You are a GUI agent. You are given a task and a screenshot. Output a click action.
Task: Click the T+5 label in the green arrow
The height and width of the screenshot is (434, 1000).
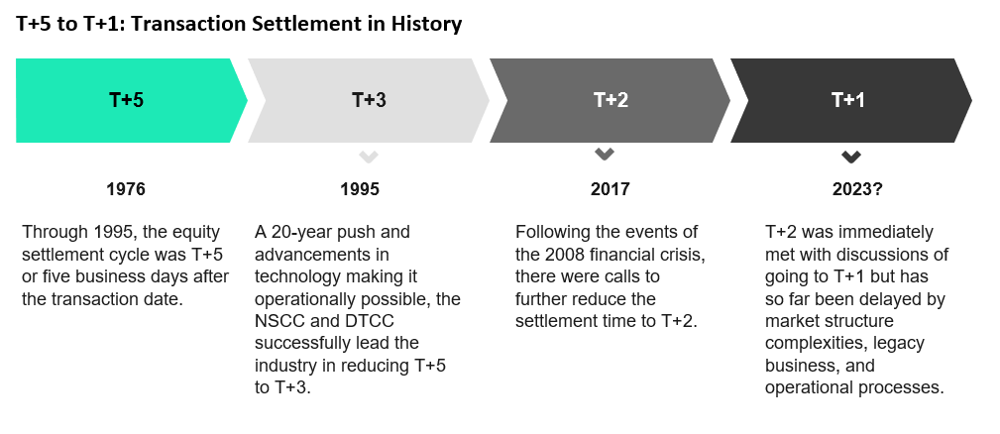coord(126,100)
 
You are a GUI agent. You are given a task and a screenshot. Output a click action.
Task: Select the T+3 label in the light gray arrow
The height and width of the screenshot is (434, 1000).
coord(369,100)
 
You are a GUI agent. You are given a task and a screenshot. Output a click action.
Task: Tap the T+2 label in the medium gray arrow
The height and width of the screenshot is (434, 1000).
coord(611,100)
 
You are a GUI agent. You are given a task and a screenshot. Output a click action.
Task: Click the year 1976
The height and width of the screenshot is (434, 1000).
coord(126,189)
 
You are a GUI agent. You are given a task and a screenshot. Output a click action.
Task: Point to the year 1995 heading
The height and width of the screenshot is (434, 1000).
coord(359,189)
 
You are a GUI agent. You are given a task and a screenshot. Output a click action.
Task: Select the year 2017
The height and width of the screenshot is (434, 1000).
coord(610,189)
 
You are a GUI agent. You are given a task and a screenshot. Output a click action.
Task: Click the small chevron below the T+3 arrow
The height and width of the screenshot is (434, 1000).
coord(368,157)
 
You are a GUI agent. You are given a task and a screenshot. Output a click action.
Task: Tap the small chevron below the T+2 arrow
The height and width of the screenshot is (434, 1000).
coord(604,154)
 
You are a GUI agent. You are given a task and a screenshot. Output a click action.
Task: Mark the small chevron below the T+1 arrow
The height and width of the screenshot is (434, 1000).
coord(850,157)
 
